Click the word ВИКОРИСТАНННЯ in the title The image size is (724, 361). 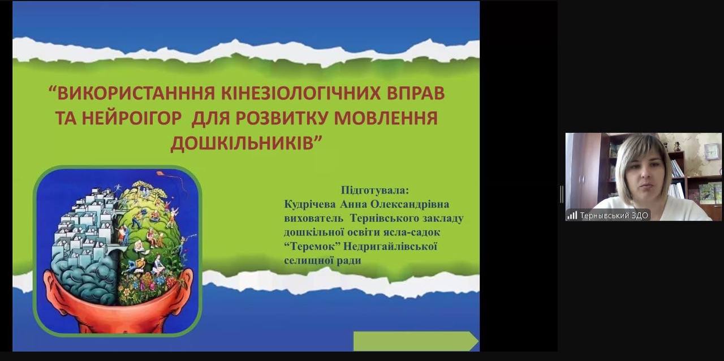[x=136, y=93]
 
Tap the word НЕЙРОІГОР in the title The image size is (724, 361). [x=131, y=118]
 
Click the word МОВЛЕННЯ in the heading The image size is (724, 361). [x=386, y=118]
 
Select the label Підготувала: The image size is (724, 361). [x=375, y=190]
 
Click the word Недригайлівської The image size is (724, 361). [x=390, y=247]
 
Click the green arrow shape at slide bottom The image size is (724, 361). [x=416, y=341]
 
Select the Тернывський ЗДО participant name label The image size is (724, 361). [x=614, y=216]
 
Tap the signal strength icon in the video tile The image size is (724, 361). [x=572, y=215]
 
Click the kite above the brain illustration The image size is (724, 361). [x=161, y=174]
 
